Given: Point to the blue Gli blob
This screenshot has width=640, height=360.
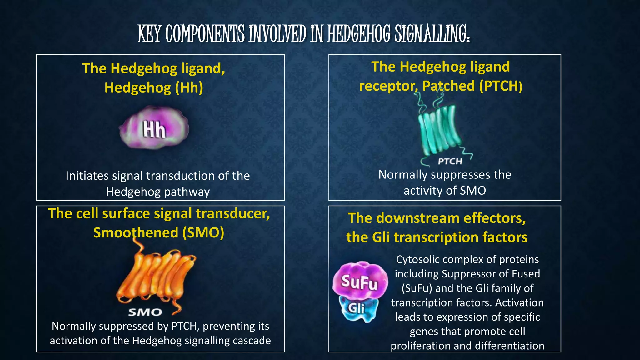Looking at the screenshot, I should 358,309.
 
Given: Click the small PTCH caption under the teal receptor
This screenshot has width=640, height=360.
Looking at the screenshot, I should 450,162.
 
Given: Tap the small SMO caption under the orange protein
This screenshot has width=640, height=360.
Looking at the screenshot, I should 145,312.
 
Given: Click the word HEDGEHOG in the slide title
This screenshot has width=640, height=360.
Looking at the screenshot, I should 359,34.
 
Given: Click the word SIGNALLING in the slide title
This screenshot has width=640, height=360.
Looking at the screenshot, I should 432,34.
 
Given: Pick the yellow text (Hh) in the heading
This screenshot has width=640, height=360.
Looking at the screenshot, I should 189,87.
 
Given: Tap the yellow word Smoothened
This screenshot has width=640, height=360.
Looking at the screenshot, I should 136,233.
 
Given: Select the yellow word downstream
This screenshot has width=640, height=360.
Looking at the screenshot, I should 417,218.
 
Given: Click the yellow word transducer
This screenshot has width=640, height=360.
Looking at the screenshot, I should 233,214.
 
